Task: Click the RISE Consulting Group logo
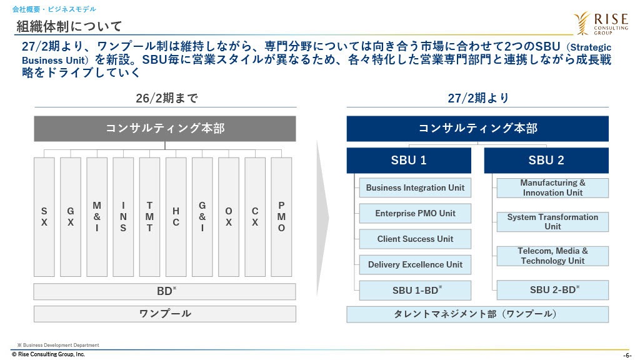601,23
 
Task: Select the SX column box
44,217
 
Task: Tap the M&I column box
97,217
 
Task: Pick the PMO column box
281,217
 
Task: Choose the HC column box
176,217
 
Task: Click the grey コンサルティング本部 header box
165,129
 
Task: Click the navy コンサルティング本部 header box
477,129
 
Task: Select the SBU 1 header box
409,161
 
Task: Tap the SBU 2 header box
546,161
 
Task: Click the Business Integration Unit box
415,187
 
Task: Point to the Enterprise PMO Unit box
415,213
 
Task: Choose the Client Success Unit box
415,239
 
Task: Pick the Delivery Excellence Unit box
415,264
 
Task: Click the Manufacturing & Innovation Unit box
552,187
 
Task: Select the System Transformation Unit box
552,222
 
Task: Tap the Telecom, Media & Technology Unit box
552,256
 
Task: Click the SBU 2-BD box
552,290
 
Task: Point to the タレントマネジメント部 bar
477,314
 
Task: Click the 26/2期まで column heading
166,98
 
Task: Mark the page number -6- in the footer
627,356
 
